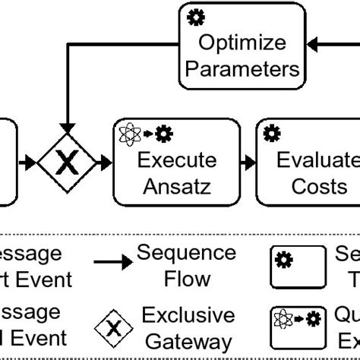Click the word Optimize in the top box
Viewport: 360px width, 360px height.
pos(243,42)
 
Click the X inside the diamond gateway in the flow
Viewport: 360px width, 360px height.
pos(68,163)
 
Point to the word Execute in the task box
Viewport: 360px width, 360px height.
pos(176,161)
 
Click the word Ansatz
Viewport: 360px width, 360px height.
pos(176,186)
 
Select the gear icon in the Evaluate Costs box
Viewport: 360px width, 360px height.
pos(270,133)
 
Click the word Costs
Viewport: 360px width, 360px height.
pos(308,186)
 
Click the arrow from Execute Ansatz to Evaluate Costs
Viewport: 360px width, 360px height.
pos(247,163)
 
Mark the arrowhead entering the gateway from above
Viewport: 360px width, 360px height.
pos(68,134)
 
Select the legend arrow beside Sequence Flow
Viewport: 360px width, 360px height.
pos(112,262)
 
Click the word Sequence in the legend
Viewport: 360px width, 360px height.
pos(186,252)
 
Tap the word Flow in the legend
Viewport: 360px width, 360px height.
pos(186,278)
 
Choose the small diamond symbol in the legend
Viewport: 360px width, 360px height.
pos(112,328)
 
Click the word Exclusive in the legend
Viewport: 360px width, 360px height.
pos(188,314)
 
